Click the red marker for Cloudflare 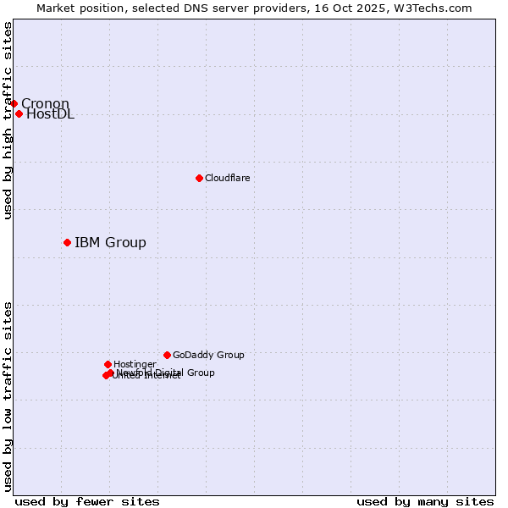click(199, 178)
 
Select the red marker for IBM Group click(67, 243)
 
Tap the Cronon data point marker click(14, 103)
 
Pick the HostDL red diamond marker click(19, 113)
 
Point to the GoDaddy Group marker click(167, 355)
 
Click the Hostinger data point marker click(108, 364)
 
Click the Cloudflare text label click(227, 178)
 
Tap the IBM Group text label click(110, 243)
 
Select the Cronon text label click(45, 103)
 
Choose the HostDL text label click(50, 114)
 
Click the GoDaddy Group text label click(208, 355)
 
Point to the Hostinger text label click(135, 364)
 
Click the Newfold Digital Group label click(166, 373)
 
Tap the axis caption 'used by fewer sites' click(87, 501)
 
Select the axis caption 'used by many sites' click(425, 501)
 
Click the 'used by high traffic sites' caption click(8, 120)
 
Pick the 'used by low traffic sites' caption click(8, 395)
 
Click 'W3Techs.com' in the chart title click(436, 8)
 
